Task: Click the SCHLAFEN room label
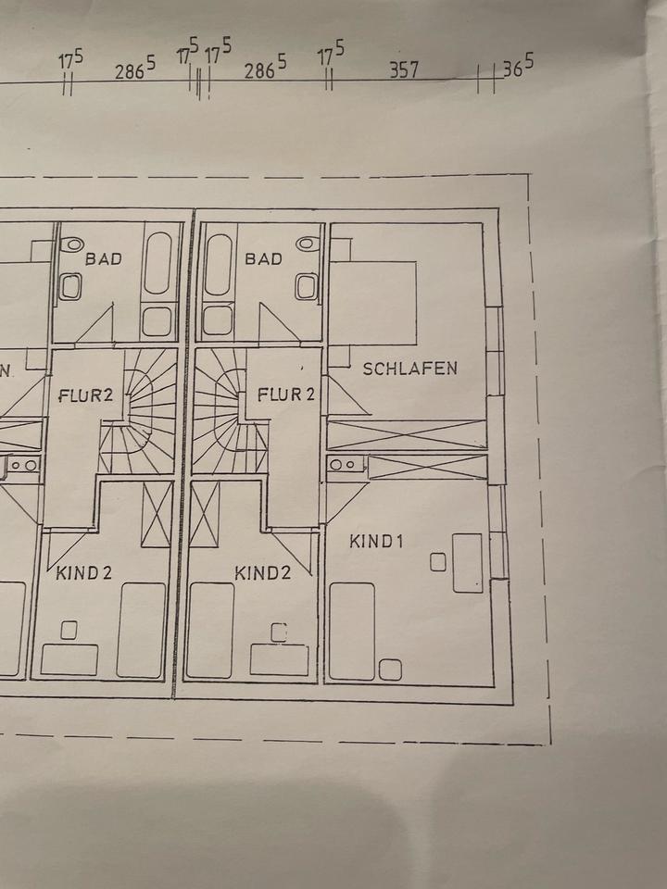point(409,368)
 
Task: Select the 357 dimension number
point(404,70)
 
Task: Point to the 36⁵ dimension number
point(516,69)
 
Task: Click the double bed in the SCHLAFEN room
point(372,303)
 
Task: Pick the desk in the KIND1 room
point(467,562)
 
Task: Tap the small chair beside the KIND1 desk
point(438,561)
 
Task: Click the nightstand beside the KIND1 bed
point(391,669)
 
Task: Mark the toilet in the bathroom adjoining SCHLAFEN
point(307,244)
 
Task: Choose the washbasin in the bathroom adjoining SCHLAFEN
point(306,286)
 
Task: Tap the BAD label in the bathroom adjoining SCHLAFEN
point(263,259)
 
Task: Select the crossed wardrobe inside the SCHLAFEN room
point(408,434)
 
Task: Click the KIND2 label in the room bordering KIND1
point(262,572)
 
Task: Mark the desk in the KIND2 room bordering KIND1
point(279,659)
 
